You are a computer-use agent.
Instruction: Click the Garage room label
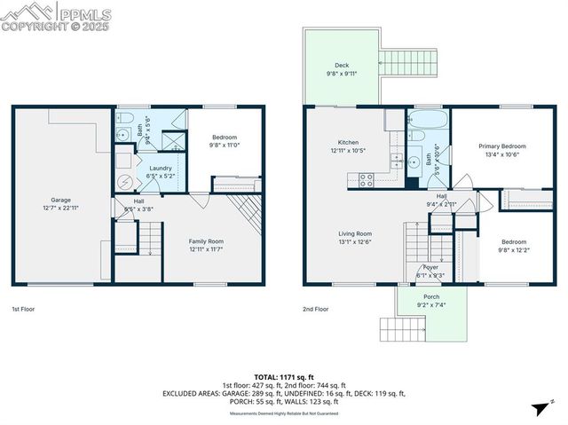[x=60, y=200]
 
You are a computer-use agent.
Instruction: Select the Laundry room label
[x=161, y=168]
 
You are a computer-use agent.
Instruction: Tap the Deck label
[x=342, y=66]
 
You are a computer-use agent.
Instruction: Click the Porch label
[x=431, y=297]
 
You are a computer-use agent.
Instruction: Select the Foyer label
[x=430, y=267]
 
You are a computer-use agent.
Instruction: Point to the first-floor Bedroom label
[x=224, y=137]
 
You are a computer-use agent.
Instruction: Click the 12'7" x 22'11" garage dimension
[x=60, y=208]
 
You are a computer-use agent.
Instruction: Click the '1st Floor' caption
[x=23, y=309]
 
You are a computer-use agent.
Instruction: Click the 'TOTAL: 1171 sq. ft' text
[x=283, y=377]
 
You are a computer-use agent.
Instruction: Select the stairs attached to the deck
[x=405, y=62]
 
